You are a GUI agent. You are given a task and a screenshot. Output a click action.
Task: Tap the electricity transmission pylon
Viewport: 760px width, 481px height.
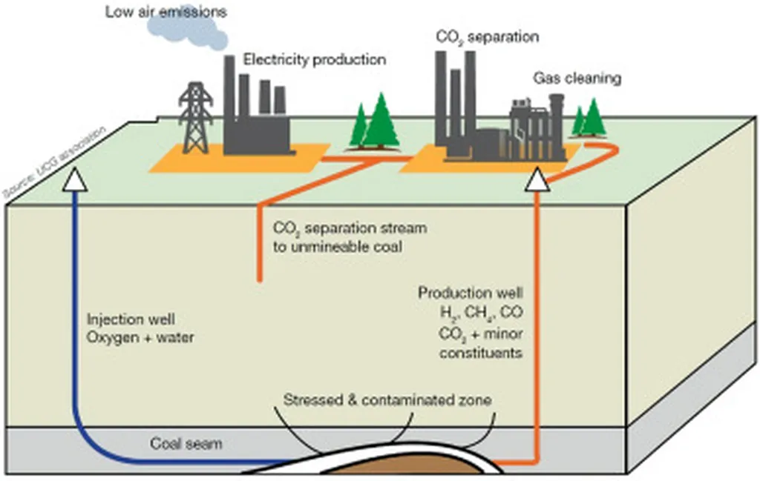[195, 118]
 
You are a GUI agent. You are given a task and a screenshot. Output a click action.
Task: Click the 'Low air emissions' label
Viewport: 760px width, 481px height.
[166, 12]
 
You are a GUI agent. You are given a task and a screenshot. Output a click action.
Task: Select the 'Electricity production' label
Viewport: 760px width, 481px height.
[315, 59]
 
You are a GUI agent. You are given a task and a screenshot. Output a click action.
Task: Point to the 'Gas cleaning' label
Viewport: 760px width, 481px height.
[577, 79]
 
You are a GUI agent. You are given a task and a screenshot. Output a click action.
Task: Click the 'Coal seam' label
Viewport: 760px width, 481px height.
[186, 443]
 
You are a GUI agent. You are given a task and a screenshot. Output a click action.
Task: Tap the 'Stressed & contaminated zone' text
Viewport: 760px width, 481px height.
[387, 400]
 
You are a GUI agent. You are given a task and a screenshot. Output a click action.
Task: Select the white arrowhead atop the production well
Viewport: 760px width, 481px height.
[537, 179]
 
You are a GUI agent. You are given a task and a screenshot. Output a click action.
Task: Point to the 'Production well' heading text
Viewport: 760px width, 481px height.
[470, 293]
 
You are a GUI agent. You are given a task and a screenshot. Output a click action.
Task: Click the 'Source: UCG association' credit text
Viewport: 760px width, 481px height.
[54, 162]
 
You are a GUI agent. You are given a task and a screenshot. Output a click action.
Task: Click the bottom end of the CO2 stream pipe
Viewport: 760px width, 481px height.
[260, 279]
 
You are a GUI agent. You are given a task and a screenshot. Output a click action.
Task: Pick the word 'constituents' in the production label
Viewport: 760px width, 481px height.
[481, 353]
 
